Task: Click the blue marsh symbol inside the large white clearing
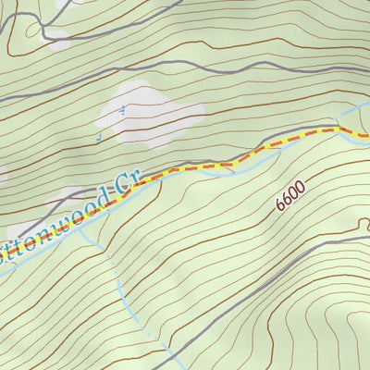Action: [x=123, y=107]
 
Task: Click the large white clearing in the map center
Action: [x=153, y=114]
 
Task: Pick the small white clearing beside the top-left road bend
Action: [x=57, y=40]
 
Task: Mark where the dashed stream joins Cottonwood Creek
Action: [x=84, y=228]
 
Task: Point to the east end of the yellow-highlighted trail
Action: [x=365, y=138]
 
